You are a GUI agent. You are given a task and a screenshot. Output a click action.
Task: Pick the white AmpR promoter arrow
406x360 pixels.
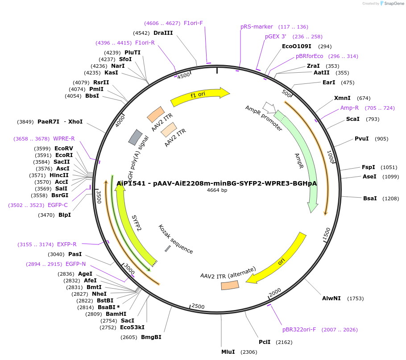pyautogui.click(x=268, y=107)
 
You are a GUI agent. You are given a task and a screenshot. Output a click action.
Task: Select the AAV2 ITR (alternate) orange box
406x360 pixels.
pyautogui.click(x=230, y=285)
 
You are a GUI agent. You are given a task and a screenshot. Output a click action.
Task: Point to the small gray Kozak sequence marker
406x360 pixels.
pyautogui.click(x=168, y=248)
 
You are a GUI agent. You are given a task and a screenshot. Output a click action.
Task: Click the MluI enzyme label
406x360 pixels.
pyautogui.click(x=228, y=352)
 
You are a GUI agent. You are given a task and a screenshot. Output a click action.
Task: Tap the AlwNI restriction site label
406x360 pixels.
pyautogui.click(x=331, y=298)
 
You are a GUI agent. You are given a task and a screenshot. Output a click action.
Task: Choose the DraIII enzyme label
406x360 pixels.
pyautogui.click(x=163, y=33)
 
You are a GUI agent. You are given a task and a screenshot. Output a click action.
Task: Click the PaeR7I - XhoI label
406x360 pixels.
pyautogui.click(x=60, y=122)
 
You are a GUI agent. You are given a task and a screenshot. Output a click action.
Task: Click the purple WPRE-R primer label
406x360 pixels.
pyautogui.click(x=64, y=139)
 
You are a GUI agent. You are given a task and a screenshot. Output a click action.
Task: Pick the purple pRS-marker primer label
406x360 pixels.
pyautogui.click(x=257, y=27)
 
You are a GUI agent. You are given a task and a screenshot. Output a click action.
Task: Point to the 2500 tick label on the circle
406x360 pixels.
pyautogui.click(x=198, y=306)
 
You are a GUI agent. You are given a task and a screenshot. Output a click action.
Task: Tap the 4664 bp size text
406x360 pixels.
pyautogui.click(x=217, y=190)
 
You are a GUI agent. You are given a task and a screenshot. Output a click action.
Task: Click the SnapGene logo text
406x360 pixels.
pyautogui.click(x=393, y=4)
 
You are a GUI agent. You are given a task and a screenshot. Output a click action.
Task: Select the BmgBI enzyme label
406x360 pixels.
pyautogui.click(x=151, y=337)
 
